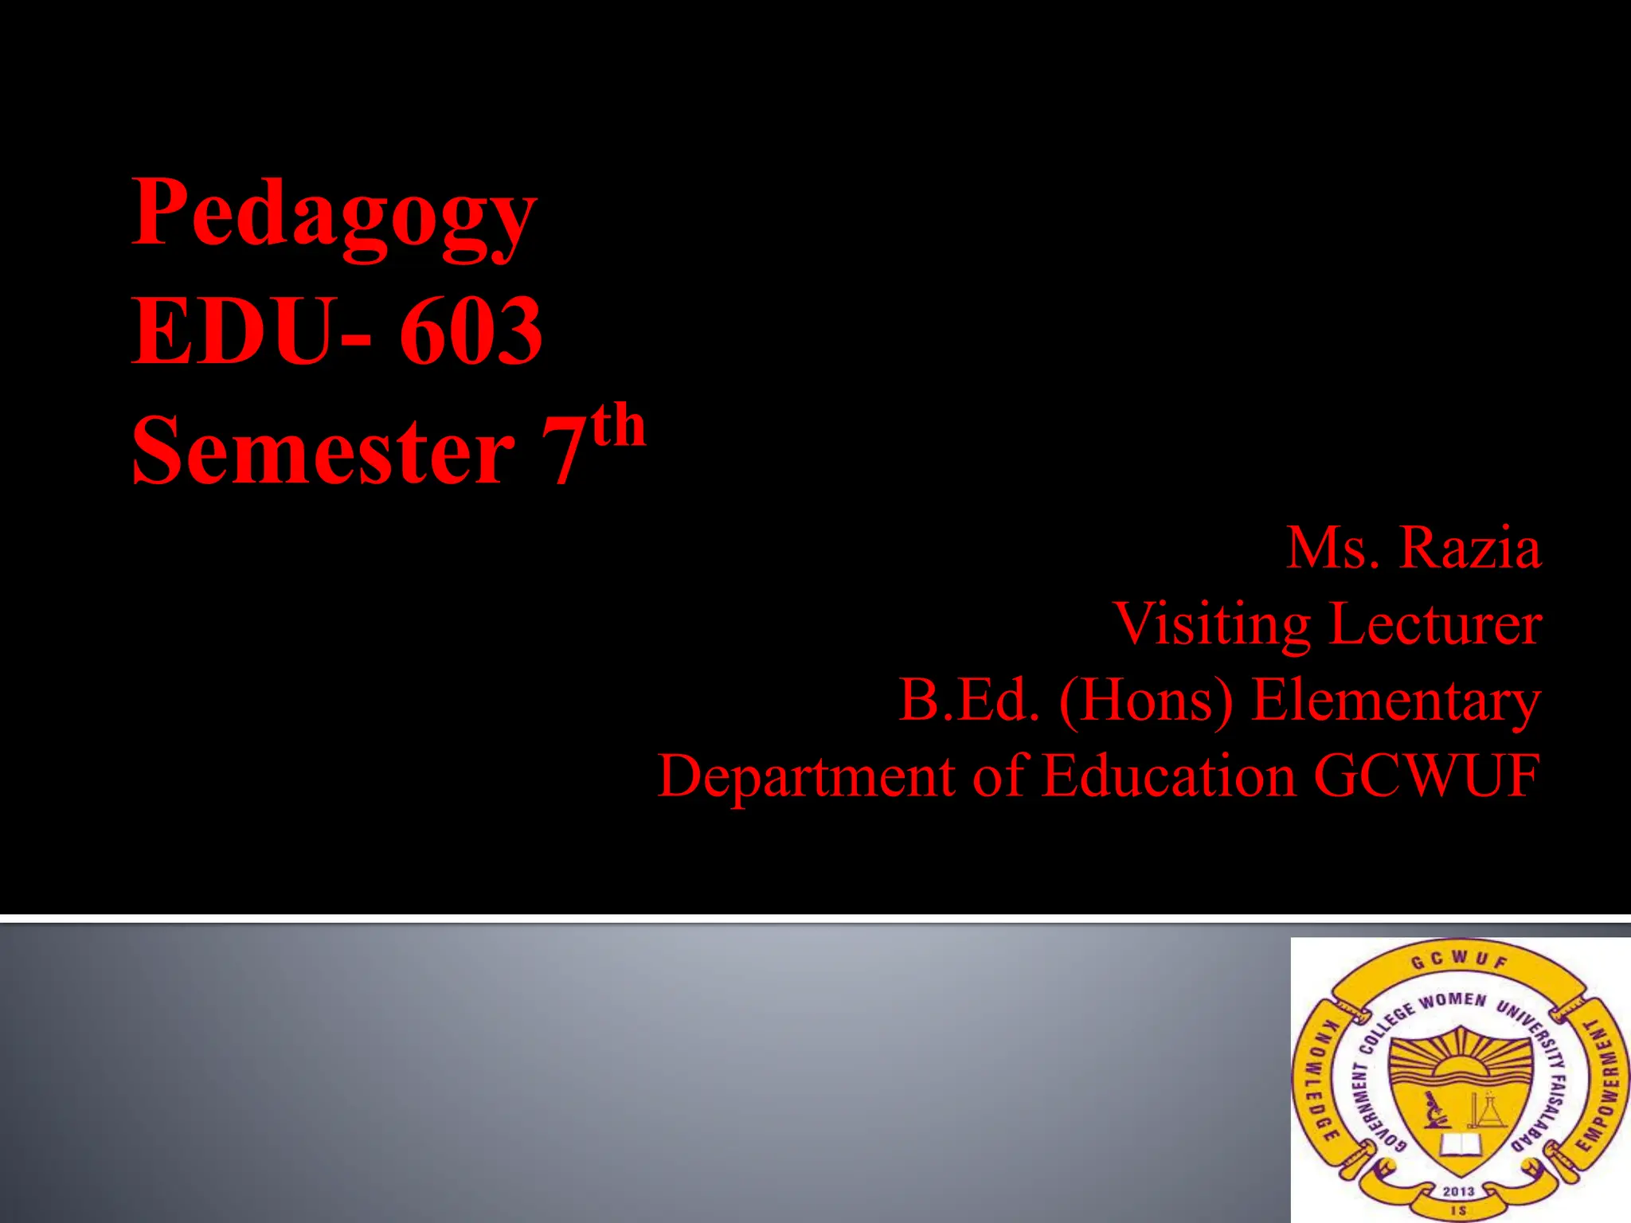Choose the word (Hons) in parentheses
(x=1146, y=700)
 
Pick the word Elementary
(x=1396, y=700)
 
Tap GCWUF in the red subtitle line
(x=1426, y=776)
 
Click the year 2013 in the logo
(x=1458, y=1191)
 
